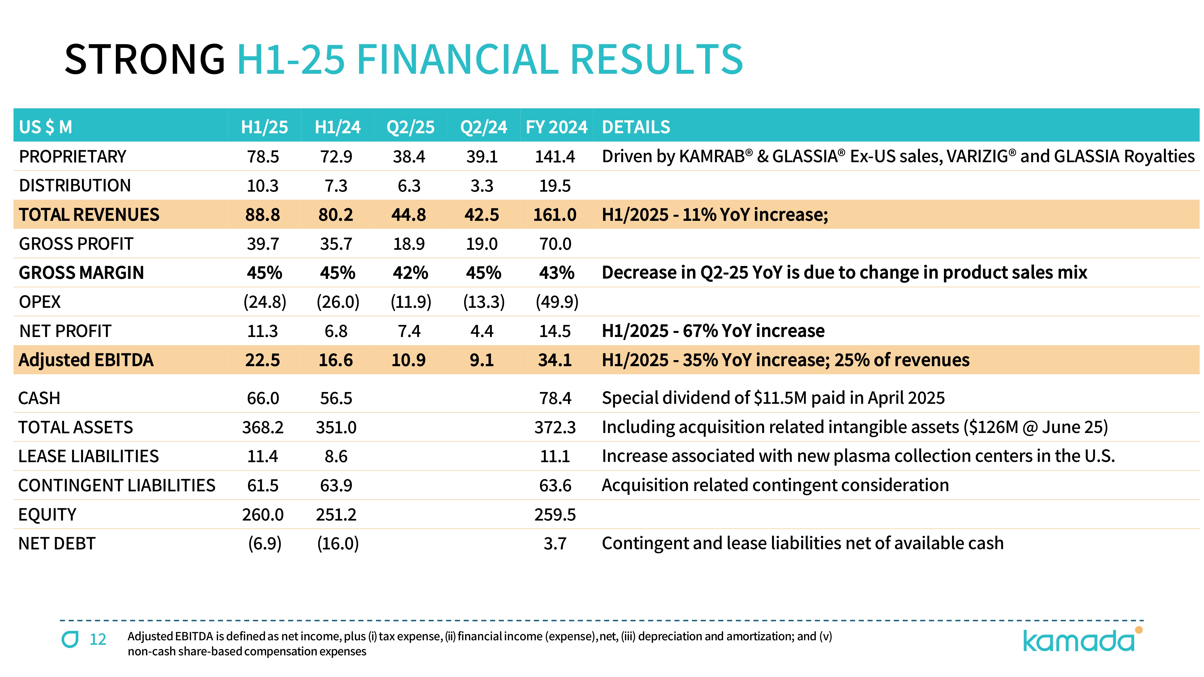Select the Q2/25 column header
pos(410,127)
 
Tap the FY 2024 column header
pos(556,127)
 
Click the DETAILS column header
pos(636,127)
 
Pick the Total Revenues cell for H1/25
pos(263,215)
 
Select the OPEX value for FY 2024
pos(557,302)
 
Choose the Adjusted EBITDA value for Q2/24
pos(482,360)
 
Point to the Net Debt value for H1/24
pos(337,544)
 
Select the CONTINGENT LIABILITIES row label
pos(117,485)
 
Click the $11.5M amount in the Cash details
pos(780,398)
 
